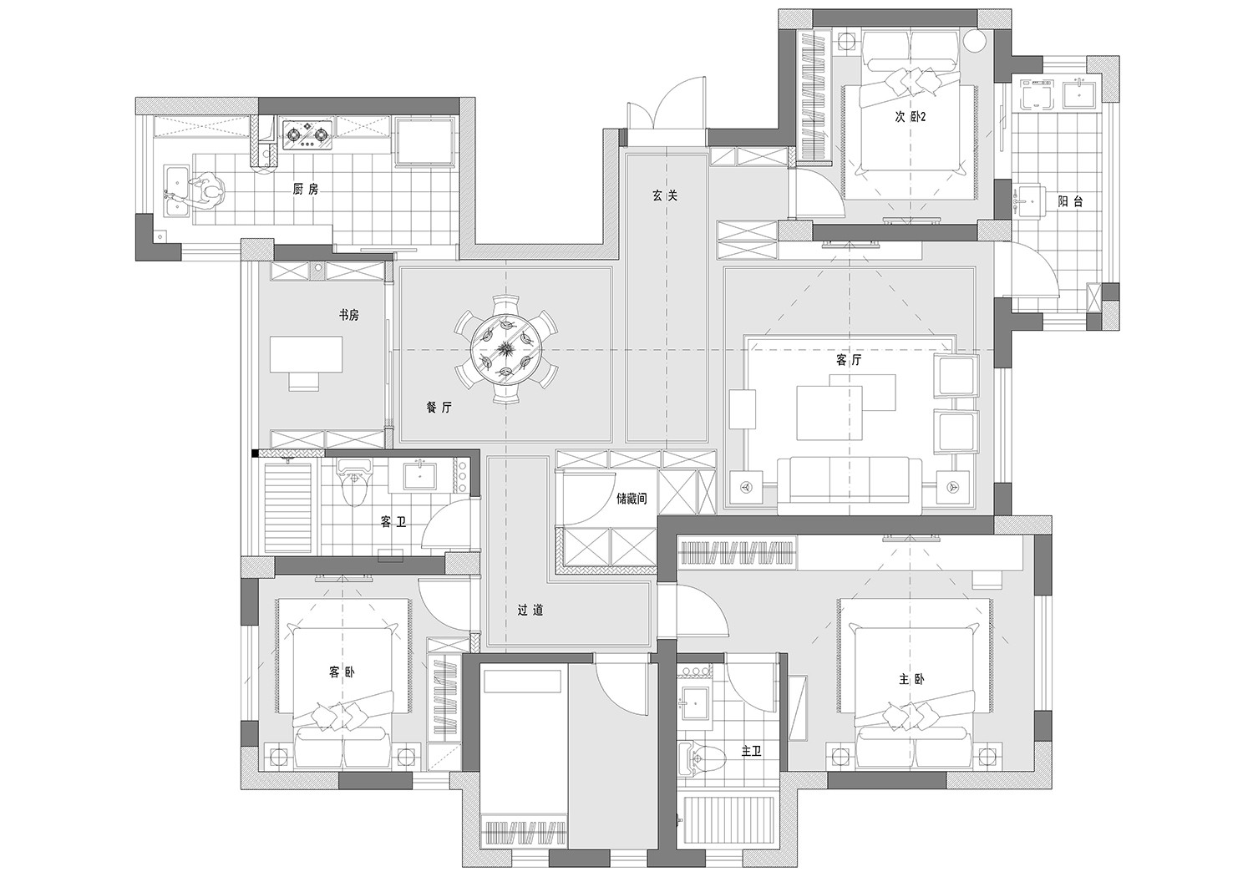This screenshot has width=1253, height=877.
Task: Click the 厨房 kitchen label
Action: (306, 189)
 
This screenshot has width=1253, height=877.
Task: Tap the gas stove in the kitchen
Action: (306, 134)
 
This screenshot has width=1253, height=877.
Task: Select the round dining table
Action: (507, 350)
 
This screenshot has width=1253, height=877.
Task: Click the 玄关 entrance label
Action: (665, 195)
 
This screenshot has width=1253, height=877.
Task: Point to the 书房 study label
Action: (348, 316)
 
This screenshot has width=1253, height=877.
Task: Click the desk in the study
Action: (306, 354)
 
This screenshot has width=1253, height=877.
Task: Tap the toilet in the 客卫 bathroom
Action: (354, 483)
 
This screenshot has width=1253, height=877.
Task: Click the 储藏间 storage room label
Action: (632, 499)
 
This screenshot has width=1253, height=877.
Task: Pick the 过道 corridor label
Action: (530, 611)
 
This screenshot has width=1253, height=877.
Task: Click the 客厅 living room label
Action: (849, 360)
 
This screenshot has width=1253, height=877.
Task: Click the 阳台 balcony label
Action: (1071, 201)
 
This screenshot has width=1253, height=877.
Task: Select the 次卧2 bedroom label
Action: (911, 117)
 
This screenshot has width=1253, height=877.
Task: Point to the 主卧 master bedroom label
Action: (911, 680)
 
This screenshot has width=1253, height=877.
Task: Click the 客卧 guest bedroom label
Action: (342, 672)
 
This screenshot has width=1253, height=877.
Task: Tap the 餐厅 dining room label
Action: (439, 408)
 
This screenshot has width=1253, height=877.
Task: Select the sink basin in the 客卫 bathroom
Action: (420, 475)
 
